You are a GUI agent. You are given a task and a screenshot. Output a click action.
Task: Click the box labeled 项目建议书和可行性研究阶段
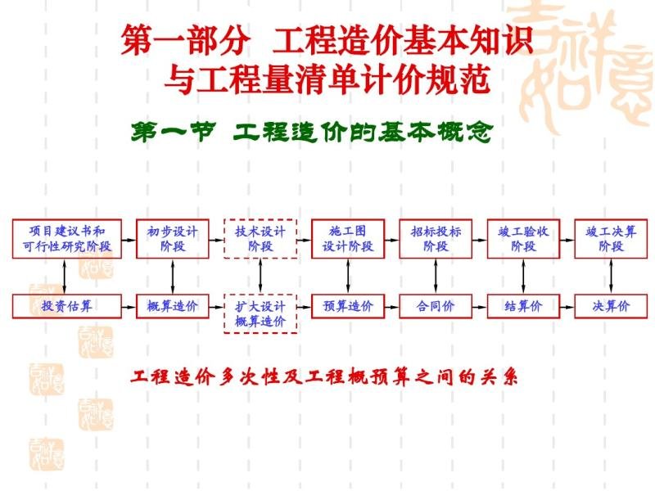[x=67, y=239]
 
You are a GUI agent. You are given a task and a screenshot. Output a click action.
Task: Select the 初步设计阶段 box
[x=173, y=239]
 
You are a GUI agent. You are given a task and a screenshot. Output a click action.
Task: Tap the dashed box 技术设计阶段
[x=260, y=239]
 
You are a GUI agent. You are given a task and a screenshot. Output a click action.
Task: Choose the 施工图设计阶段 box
[x=348, y=239]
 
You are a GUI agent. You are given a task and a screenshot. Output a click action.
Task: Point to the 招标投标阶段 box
[x=436, y=239]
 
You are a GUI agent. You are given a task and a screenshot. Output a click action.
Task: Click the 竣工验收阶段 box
[x=523, y=239]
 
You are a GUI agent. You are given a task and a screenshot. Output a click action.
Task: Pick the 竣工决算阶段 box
[x=611, y=239]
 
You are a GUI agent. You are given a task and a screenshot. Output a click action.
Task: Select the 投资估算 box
[x=67, y=306]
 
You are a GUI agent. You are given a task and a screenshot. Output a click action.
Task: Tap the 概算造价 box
[x=173, y=306]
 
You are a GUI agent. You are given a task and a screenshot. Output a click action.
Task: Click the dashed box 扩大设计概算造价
[x=260, y=313]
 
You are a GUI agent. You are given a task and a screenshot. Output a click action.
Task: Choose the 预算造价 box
[x=348, y=306]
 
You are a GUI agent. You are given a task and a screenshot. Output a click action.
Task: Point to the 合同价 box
[x=436, y=306]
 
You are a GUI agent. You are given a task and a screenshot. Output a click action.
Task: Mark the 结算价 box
[x=523, y=306]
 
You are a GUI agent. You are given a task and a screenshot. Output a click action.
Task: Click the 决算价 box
[x=611, y=306]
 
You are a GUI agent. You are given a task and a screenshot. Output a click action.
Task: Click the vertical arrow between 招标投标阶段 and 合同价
[x=436, y=277]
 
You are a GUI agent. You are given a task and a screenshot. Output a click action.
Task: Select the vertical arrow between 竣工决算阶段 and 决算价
[x=611, y=277]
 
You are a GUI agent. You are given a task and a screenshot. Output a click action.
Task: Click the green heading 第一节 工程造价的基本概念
[x=312, y=133]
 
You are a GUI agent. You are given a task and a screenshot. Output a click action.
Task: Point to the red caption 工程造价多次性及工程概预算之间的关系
[x=324, y=377]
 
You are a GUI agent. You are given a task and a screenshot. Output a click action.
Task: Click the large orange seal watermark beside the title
[x=585, y=67]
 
